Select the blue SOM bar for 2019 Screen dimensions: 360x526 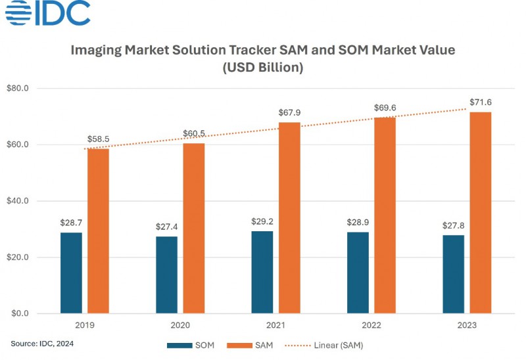[x=71, y=273]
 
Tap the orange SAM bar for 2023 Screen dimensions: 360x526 [x=481, y=213]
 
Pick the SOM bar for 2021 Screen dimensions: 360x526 [x=262, y=272]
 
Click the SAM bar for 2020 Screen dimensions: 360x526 [x=194, y=228]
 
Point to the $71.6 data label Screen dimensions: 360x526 [x=481, y=102]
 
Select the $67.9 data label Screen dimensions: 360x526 [x=289, y=112]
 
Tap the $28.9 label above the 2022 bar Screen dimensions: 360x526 [x=358, y=222]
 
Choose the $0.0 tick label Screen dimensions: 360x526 [x=28, y=313]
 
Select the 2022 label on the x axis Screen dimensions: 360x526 [x=371, y=326]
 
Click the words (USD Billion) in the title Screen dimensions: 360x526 [x=262, y=68]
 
